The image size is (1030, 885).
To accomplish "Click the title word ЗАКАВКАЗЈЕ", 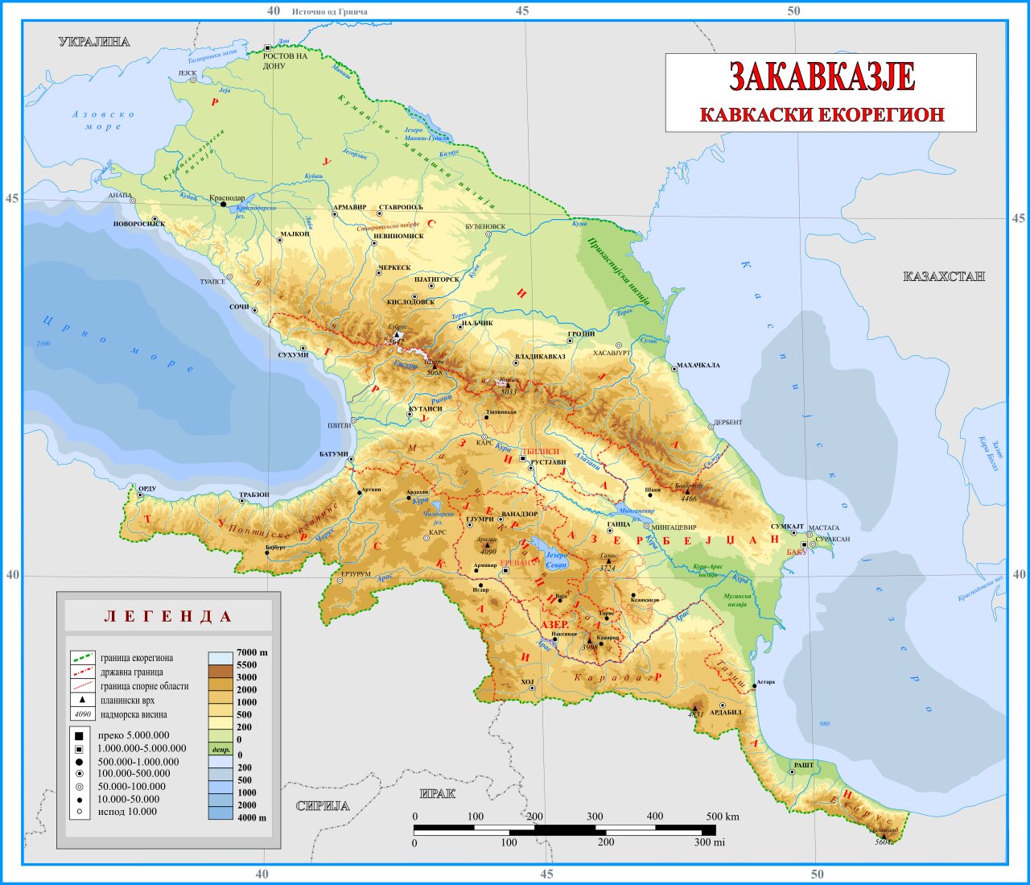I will coord(822,77).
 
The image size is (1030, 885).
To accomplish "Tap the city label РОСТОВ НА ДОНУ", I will coord(285,60).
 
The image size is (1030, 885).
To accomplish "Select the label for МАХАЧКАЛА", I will coord(698,366).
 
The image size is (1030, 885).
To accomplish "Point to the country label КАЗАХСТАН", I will coord(944,276).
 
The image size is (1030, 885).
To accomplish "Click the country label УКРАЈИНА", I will coord(94,42).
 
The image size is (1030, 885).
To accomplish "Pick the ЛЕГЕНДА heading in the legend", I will coord(169,617).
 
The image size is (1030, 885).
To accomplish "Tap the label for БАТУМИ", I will coord(333,454).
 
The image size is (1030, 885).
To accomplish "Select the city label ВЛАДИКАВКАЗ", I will coord(540,356).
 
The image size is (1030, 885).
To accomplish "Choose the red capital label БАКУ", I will coord(796,552).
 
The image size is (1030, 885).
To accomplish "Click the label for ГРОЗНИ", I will coord(581,334).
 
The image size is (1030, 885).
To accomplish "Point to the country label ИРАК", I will coord(437,793).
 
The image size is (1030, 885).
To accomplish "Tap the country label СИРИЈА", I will coord(323,806).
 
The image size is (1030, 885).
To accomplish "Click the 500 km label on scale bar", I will coord(722,817).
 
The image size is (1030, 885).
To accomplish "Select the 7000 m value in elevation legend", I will coord(252,652).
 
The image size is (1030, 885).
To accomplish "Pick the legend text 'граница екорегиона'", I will coord(137,658).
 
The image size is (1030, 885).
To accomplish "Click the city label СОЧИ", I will coord(239,308).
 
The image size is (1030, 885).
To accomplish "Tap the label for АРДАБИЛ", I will coord(725,712).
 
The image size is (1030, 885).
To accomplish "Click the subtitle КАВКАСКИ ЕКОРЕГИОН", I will coord(822,114).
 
